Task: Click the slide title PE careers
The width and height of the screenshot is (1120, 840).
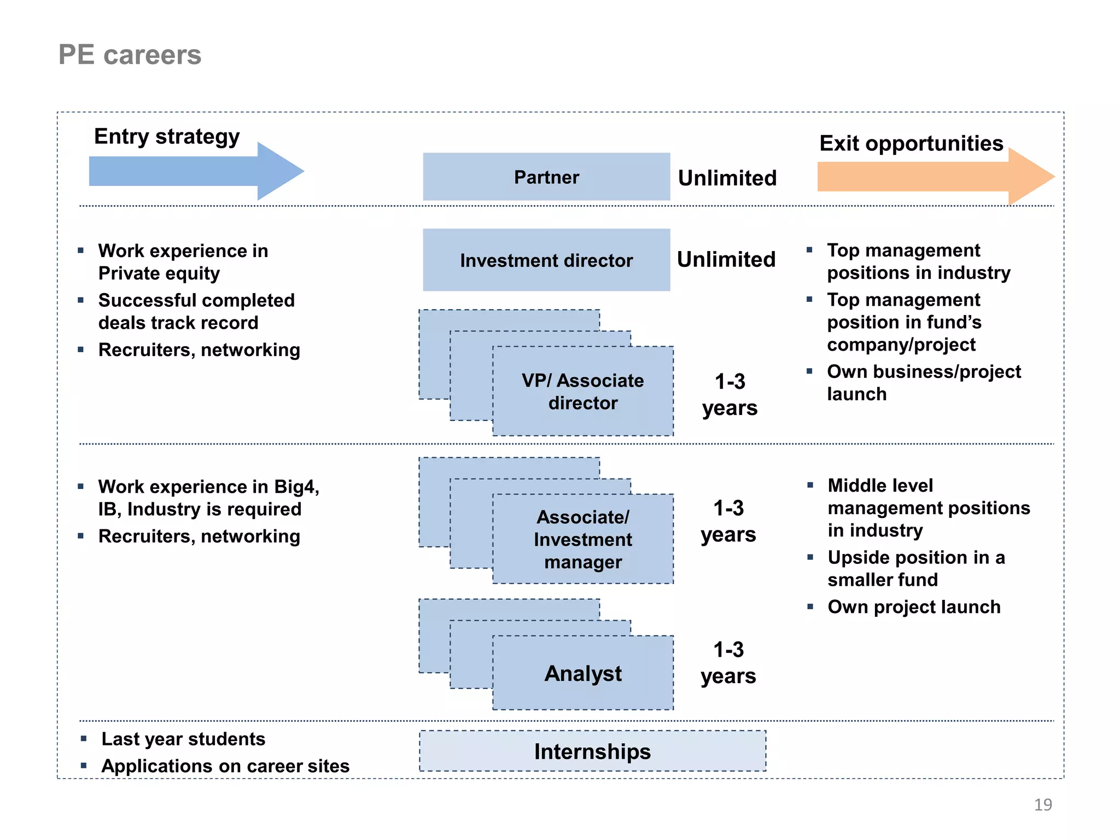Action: click(130, 55)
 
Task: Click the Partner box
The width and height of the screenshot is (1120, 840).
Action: click(546, 177)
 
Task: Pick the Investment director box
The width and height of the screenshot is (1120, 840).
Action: click(546, 260)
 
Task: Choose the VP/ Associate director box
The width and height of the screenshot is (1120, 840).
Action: click(583, 392)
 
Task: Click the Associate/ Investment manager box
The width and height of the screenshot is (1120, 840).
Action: click(583, 539)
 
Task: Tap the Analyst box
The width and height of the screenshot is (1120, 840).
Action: click(583, 673)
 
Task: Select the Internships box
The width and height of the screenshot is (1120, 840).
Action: click(592, 751)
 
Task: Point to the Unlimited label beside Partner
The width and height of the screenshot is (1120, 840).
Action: click(727, 178)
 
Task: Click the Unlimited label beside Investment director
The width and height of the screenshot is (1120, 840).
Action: click(726, 260)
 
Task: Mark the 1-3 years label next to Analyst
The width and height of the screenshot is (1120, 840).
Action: click(728, 663)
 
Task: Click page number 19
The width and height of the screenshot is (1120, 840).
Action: click(1043, 804)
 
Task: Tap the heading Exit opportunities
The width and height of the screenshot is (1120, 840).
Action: click(911, 143)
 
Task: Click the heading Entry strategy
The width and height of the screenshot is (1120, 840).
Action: click(167, 136)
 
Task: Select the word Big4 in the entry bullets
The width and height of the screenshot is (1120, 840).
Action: click(296, 487)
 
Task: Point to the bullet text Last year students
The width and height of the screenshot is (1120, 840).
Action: click(183, 739)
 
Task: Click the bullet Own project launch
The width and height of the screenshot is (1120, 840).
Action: click(914, 607)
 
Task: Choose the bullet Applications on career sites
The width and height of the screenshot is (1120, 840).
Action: click(225, 766)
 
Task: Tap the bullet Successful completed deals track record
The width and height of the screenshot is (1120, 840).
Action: click(196, 311)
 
